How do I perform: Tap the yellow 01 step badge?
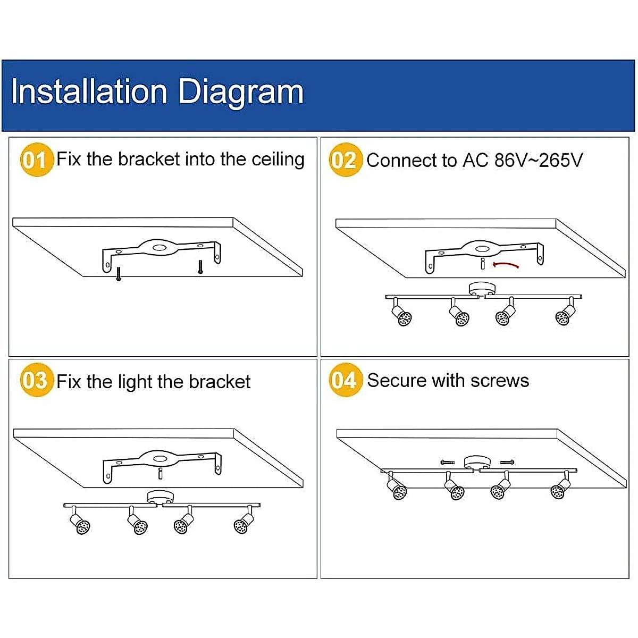(x=36, y=159)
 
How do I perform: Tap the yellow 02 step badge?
(x=345, y=160)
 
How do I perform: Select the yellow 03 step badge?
(x=36, y=381)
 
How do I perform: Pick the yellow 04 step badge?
(x=345, y=380)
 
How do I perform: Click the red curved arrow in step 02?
(x=506, y=264)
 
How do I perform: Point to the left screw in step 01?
(x=118, y=274)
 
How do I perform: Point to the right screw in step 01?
(x=200, y=266)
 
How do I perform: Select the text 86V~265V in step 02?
(x=538, y=160)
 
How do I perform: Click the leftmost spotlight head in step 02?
(x=401, y=316)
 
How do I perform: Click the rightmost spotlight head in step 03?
(x=244, y=523)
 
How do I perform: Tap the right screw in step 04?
(x=507, y=462)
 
